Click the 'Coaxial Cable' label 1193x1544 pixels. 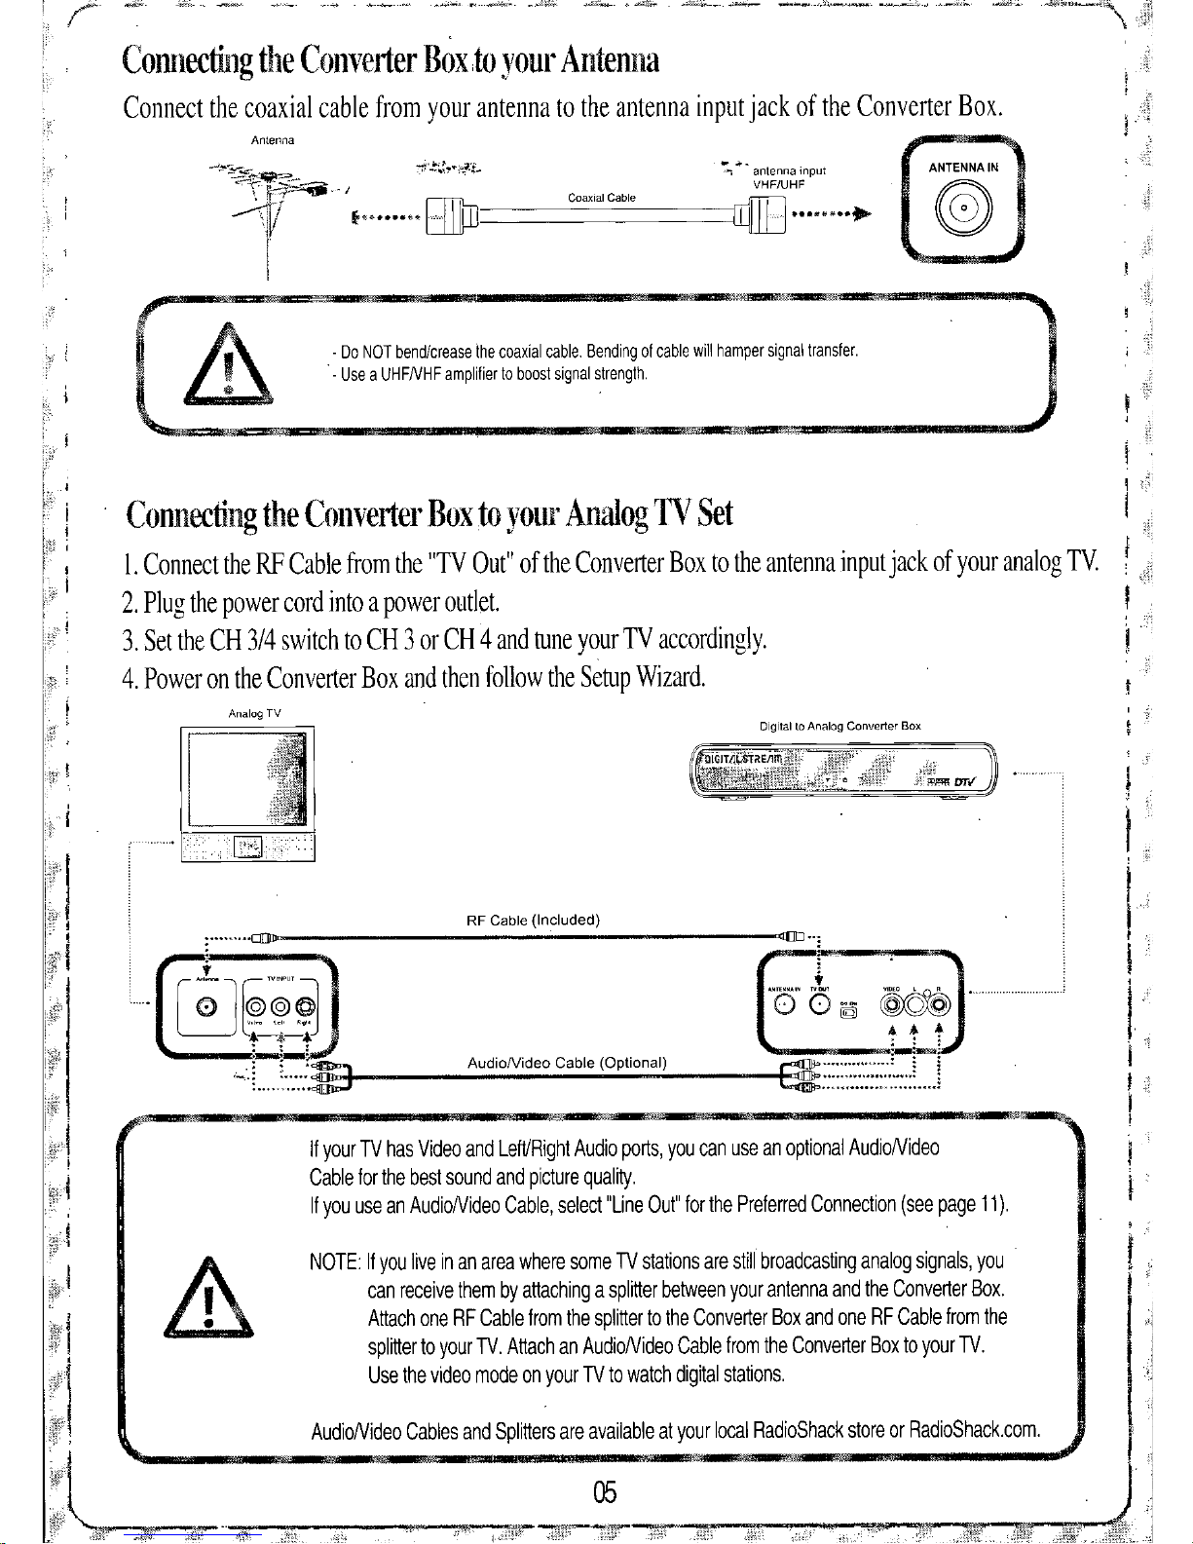pos(601,198)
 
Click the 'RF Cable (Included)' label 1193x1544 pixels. pos(533,920)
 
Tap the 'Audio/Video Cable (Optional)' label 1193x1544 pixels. pos(567,1062)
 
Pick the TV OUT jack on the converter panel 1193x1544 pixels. pos(820,1006)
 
